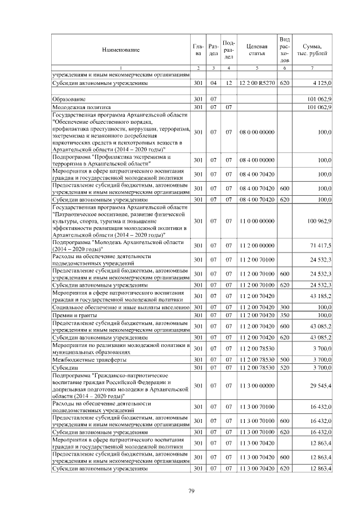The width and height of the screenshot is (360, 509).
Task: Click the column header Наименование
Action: tap(120, 50)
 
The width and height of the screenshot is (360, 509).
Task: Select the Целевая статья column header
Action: tap(256, 50)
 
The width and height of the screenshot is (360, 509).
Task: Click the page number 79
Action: tap(191, 492)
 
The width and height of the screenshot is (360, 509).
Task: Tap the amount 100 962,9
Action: tap(318, 221)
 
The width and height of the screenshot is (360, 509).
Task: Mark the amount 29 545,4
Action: tap(321, 385)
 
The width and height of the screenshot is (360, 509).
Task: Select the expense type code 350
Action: tap(284, 316)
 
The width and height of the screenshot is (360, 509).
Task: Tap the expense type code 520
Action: tap(284, 367)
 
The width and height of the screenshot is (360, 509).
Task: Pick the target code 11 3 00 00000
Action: tap(256, 385)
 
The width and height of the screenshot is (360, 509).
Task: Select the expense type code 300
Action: tap(284, 308)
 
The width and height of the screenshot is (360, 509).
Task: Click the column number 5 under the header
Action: tap(256, 68)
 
